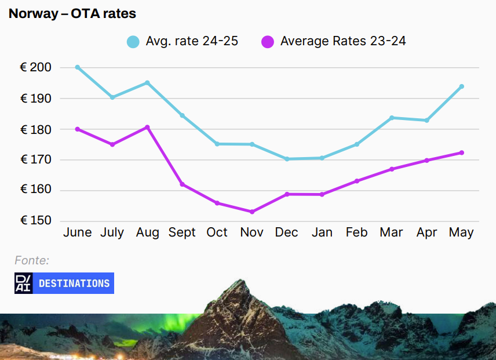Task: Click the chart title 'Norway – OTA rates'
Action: click(72, 13)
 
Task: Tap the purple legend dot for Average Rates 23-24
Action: click(268, 42)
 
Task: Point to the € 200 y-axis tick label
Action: click(36, 67)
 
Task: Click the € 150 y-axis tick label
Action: click(36, 221)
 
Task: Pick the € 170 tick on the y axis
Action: click(36, 159)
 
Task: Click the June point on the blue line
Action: click(77, 67)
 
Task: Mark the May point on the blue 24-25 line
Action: click(462, 86)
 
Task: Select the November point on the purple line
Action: click(252, 212)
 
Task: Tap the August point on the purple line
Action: click(147, 127)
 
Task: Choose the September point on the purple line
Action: click(182, 184)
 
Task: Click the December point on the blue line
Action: click(287, 159)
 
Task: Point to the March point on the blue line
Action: click(392, 118)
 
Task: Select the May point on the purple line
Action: click(462, 152)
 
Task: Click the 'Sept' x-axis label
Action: click(182, 232)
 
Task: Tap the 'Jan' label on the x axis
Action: click(322, 232)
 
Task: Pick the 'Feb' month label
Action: click(356, 232)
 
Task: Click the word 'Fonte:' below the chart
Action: click(32, 260)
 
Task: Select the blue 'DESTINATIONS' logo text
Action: click(74, 283)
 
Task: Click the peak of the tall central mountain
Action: click(238, 281)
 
